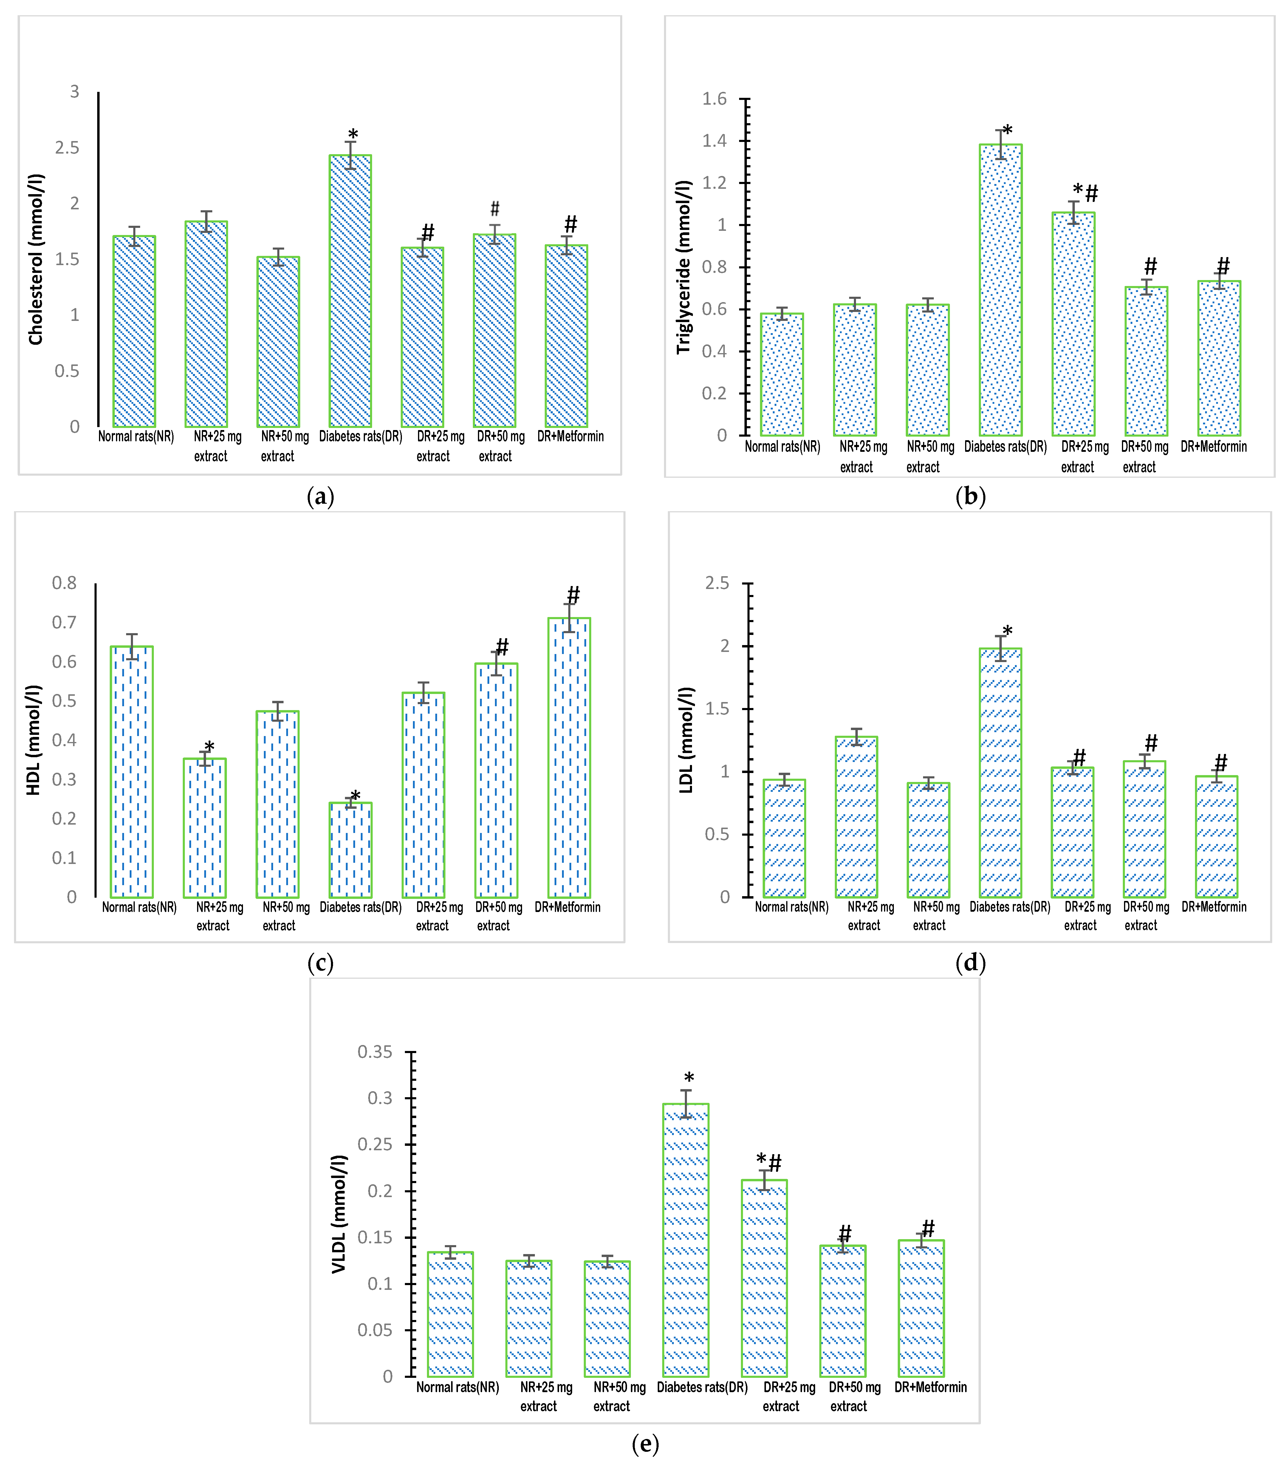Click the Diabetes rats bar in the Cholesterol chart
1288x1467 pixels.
tap(350, 291)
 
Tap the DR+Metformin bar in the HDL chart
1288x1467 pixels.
tap(569, 757)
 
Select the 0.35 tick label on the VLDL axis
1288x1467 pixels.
tap(375, 1052)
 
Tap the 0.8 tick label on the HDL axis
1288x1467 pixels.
tap(64, 583)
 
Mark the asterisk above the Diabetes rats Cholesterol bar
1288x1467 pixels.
tap(353, 135)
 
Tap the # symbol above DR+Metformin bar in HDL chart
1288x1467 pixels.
tap(573, 595)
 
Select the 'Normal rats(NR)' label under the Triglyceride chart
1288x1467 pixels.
tap(782, 446)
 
